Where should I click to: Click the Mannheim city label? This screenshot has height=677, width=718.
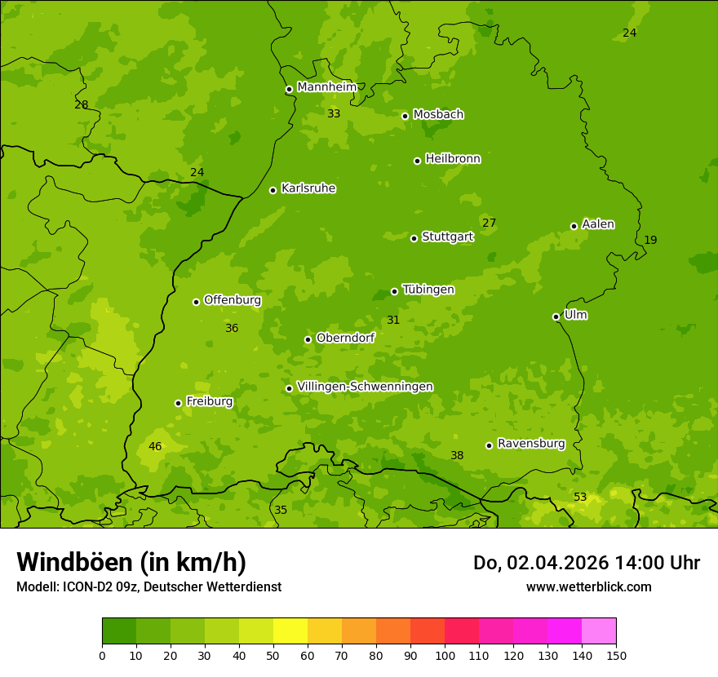coord(326,87)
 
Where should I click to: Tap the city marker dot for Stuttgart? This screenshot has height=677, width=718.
coord(414,238)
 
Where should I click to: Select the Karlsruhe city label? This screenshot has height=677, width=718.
coord(308,188)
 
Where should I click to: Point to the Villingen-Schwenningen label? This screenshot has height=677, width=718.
coord(365,387)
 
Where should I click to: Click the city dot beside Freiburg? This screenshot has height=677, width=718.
coord(178,403)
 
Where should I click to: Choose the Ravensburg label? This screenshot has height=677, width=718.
coord(531,444)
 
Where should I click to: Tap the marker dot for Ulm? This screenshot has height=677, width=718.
coord(556,316)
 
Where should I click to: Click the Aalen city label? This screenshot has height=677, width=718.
coord(598,224)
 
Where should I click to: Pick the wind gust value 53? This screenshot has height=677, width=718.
coord(580,498)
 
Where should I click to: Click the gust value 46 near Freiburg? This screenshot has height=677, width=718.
coord(155,447)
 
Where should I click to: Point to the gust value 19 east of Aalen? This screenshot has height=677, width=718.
coord(650,241)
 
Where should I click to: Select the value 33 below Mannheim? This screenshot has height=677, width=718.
coord(334,114)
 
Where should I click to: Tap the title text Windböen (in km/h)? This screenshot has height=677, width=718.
coord(131,563)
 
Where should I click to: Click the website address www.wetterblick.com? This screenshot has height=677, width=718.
coord(588,587)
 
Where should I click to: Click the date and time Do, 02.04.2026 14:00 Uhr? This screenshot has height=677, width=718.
coord(587,563)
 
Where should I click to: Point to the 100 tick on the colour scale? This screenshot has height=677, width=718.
coord(445,655)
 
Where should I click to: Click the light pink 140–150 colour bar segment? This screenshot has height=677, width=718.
coord(599,631)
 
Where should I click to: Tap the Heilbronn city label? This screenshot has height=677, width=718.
coord(453,159)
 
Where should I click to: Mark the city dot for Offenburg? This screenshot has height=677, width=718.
coord(196,302)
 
